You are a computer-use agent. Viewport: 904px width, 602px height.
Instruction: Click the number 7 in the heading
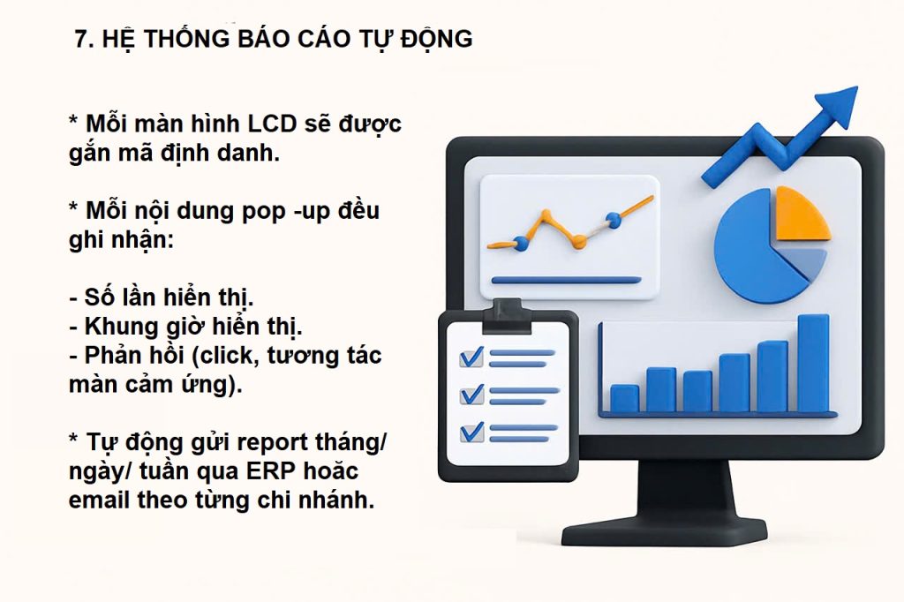(x=81, y=39)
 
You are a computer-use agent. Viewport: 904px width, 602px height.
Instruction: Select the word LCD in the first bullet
(x=272, y=124)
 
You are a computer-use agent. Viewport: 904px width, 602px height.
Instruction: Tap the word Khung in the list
(x=114, y=327)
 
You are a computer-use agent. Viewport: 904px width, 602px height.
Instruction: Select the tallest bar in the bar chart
(x=813, y=364)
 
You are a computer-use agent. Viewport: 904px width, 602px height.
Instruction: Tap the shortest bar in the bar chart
(x=624, y=398)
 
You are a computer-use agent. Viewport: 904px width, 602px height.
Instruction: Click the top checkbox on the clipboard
(x=471, y=357)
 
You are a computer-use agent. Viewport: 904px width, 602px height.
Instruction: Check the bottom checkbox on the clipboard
(x=471, y=433)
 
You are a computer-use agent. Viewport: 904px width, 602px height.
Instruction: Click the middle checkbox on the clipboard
(x=471, y=395)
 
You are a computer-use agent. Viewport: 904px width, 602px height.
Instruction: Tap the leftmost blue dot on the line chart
(x=521, y=244)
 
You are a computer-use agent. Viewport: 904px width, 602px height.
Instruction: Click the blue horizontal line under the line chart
(x=566, y=281)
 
